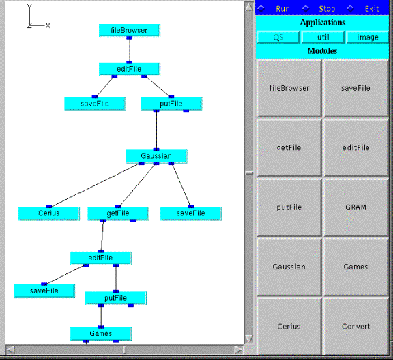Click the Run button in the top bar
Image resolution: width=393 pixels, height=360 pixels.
point(282,9)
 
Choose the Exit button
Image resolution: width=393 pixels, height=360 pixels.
point(372,9)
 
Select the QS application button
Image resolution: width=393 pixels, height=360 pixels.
point(278,37)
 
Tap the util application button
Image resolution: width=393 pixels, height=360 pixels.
point(323,37)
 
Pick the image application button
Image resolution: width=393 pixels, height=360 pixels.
point(368,37)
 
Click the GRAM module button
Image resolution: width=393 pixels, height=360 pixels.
point(356,207)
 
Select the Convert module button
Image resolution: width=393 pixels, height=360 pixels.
point(356,326)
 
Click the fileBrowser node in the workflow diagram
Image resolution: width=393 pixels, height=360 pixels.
point(130,30)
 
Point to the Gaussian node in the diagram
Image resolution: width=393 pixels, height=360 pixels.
point(156,156)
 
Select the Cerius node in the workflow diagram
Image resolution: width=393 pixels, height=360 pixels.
point(49,213)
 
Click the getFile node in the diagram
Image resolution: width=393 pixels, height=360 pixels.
point(118,213)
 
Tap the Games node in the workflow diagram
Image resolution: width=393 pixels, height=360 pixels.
point(101,333)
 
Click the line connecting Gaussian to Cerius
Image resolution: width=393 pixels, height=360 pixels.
point(95,185)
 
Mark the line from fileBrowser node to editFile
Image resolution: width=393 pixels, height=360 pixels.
point(130,50)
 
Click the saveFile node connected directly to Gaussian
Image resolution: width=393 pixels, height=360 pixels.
point(191,213)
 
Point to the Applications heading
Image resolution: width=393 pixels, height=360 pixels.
point(323,22)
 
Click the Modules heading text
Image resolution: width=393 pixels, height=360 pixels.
point(322,51)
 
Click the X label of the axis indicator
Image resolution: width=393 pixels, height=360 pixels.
point(48,25)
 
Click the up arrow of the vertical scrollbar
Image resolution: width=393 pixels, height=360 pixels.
point(249,7)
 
